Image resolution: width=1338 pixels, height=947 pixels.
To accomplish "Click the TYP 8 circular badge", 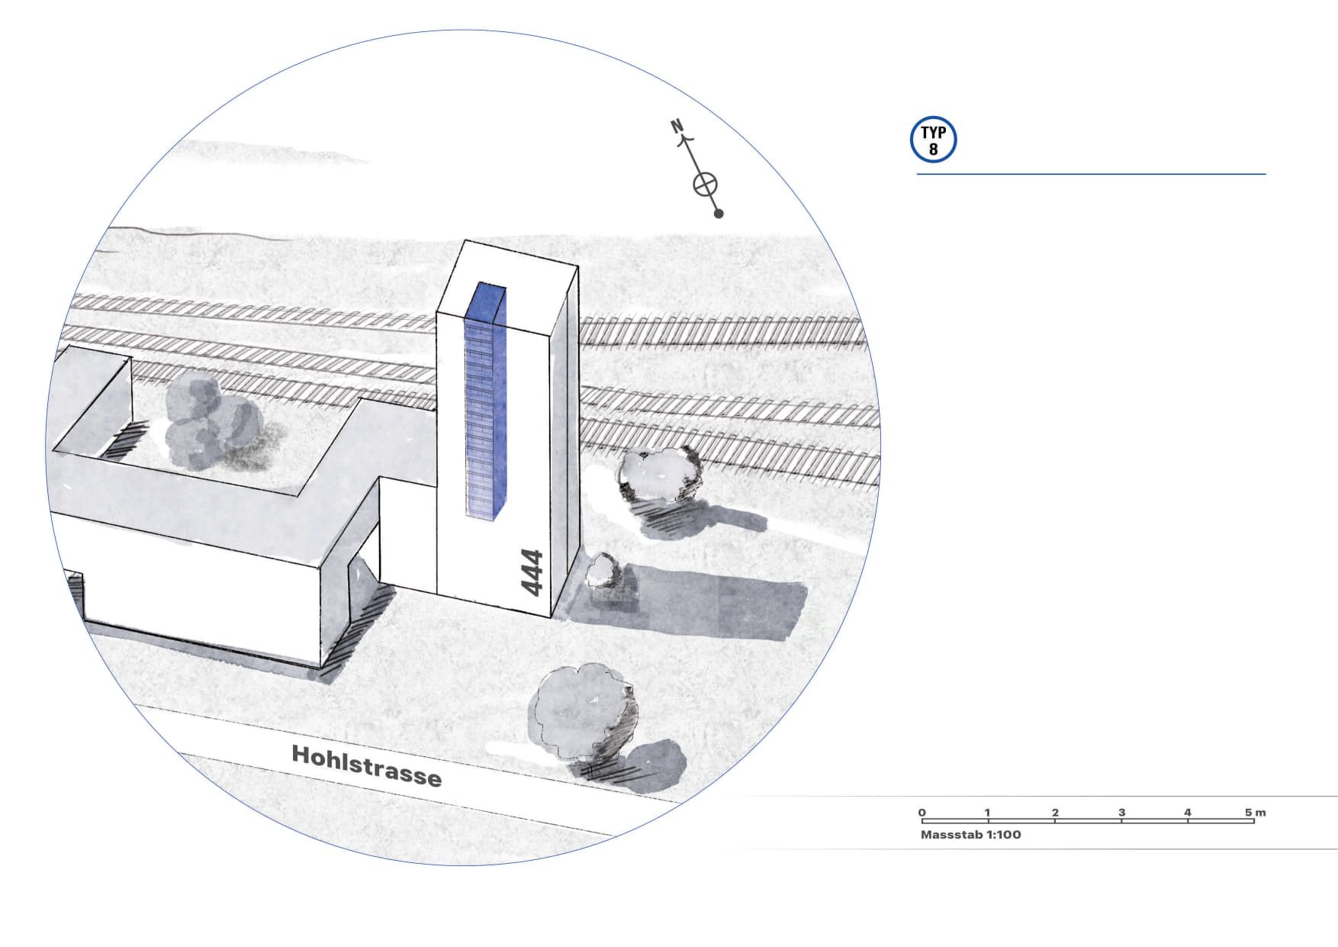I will pos(933,140).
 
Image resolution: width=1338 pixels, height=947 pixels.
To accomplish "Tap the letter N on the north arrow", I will pos(677,126).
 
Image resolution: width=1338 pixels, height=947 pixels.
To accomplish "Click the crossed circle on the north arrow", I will pos(706,184).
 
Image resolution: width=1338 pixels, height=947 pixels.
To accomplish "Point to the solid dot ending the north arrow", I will pos(719,214).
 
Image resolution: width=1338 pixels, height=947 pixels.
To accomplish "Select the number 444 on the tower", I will pos(532,572).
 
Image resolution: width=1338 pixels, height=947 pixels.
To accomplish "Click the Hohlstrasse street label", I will pos(366,765).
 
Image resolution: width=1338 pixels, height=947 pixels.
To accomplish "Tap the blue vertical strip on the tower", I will pos(485,404).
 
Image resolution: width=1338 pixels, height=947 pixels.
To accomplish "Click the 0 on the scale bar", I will pos(922,813).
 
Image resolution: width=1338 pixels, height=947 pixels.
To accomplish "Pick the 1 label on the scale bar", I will pos(987,813).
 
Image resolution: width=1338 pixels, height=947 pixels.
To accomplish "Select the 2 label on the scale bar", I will pos(1055,813).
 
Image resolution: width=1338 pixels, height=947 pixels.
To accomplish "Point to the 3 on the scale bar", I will pos(1121,813).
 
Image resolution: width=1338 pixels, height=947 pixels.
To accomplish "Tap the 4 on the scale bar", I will pos(1188,813).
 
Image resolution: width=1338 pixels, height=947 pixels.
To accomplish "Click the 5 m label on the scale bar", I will pos(1255,813).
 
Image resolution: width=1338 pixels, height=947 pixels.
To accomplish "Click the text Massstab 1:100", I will pos(970,835).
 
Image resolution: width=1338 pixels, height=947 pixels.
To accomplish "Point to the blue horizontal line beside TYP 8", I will pos(1091,174).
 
